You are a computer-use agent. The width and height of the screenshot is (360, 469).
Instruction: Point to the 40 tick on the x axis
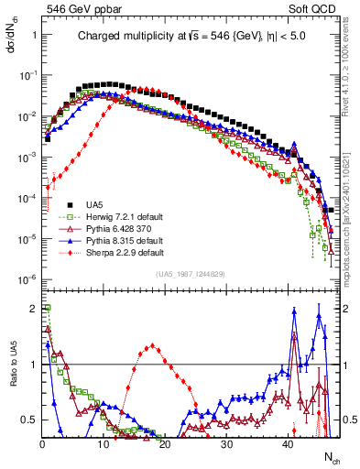(289, 442)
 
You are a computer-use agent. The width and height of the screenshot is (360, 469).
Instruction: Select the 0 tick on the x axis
(42, 442)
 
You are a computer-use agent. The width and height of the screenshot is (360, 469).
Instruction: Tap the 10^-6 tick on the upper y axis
(28, 279)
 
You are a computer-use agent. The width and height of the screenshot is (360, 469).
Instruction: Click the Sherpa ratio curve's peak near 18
(152, 345)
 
